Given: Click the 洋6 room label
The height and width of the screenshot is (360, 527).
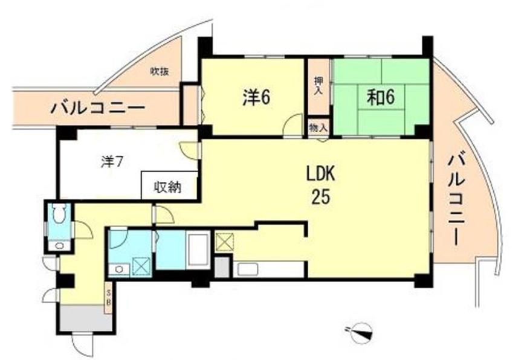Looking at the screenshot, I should coord(256,97).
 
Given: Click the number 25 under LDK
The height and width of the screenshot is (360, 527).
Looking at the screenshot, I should coord(320,197).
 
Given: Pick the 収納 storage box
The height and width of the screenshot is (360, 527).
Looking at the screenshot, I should coord(169,187).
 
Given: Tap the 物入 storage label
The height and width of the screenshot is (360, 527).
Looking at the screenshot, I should coord(318,127).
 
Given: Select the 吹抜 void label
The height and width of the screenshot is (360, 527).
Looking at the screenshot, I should coord(160,71).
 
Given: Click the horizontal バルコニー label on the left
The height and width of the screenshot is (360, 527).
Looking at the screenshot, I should coord(97,109).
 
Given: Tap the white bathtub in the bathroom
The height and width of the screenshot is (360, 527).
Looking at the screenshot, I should coord(198,249).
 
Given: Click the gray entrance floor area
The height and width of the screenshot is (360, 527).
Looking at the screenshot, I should coord(85,318).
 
